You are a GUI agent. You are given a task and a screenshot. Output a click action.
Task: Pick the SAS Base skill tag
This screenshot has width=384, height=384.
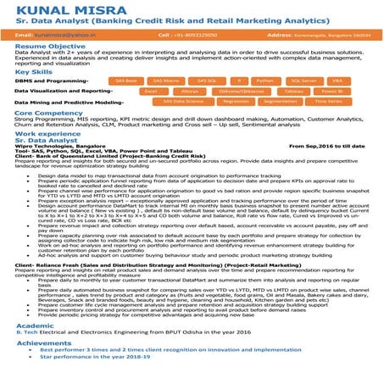coord(127,80)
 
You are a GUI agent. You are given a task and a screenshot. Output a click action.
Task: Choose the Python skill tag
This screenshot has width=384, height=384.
coord(265,80)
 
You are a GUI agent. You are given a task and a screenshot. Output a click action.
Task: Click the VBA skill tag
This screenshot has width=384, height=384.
coord(337,80)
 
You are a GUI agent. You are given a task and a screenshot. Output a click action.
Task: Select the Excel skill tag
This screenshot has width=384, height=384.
coord(151,90)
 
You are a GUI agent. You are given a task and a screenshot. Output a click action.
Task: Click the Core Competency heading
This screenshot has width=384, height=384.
coord(48,112)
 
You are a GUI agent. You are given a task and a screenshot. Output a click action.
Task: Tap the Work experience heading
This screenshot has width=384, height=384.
coord(47,133)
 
